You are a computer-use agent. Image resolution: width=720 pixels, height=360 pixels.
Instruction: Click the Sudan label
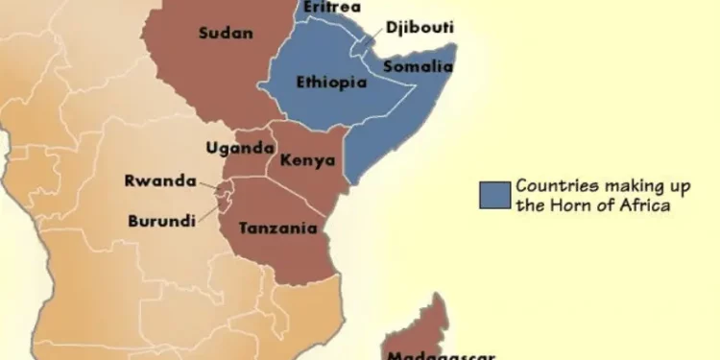tap(226, 34)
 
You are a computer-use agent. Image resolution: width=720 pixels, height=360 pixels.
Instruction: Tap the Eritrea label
tap(332, 8)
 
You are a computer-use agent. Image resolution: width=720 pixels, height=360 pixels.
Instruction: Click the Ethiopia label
tap(332, 83)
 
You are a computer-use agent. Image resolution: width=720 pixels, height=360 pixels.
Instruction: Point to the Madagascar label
tap(441, 353)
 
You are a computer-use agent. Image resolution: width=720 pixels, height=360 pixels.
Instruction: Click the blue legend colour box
tap(492, 194)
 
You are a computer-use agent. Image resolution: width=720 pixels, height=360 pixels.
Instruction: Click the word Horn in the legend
tap(581, 204)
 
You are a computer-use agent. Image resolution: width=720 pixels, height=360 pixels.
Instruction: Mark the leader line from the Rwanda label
tap(211, 183)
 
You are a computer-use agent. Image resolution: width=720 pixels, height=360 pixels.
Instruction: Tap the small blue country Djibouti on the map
tap(364, 42)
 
